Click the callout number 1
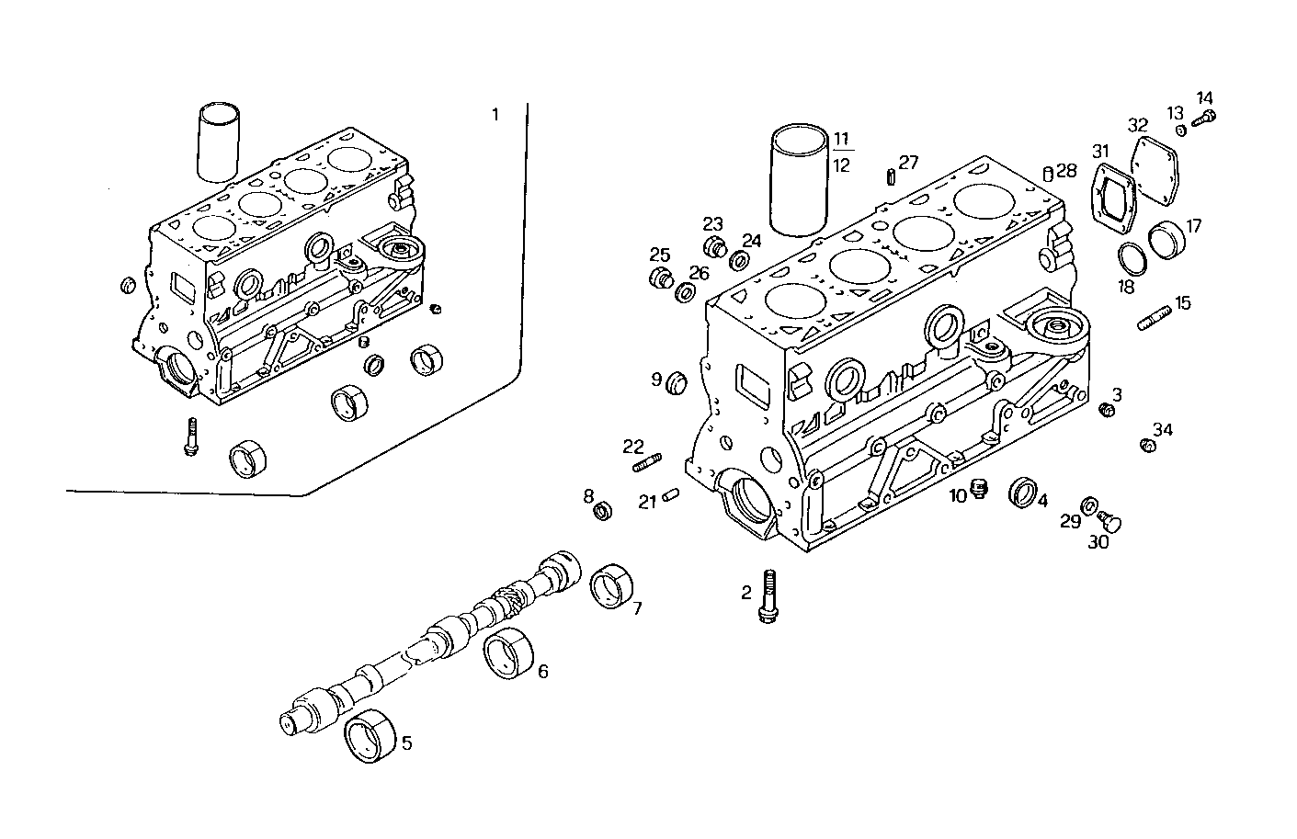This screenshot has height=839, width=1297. point(495,115)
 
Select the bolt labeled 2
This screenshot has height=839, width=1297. point(768,596)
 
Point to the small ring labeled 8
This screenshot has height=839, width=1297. point(603,510)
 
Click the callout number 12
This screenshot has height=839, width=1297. point(841,165)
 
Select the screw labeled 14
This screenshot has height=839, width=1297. point(1205,117)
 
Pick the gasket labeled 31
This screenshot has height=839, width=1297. point(1112,198)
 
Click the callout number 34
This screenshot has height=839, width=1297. point(1163,429)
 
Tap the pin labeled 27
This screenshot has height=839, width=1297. point(891,176)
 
